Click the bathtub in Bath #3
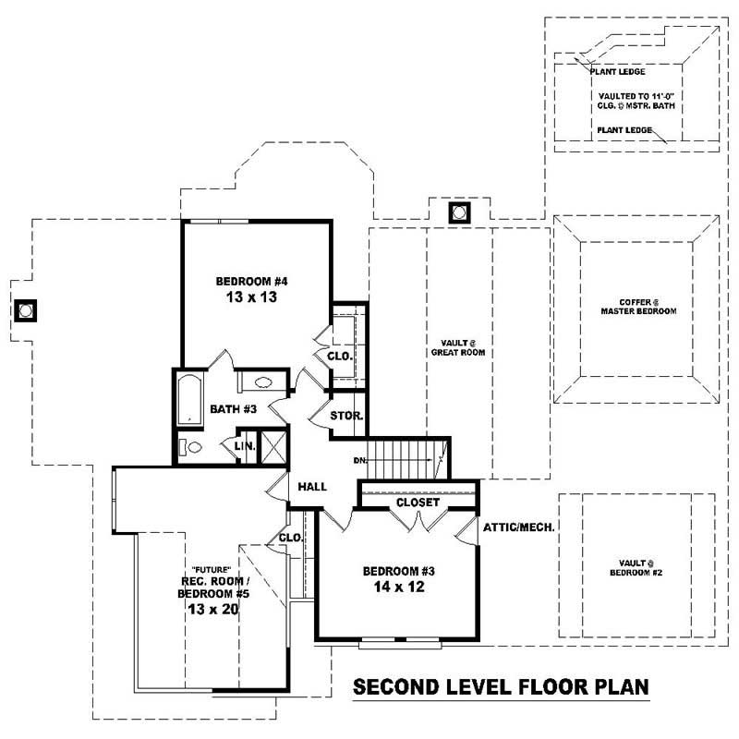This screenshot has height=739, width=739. pyautogui.click(x=189, y=399)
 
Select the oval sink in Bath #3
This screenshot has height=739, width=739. pyautogui.click(x=260, y=382)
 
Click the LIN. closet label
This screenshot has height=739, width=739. pyautogui.click(x=244, y=445)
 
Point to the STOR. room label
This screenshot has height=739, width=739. pyautogui.click(x=347, y=417)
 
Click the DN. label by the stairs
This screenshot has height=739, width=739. pyautogui.click(x=361, y=459)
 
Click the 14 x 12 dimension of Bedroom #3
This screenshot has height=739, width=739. pyautogui.click(x=397, y=587)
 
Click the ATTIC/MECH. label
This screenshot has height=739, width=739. pyautogui.click(x=518, y=527)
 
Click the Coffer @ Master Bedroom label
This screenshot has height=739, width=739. pyautogui.click(x=636, y=307)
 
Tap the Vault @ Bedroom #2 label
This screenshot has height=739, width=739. pyautogui.click(x=636, y=567)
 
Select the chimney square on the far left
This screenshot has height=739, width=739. pyautogui.click(x=25, y=309)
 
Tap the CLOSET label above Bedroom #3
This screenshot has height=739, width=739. pyautogui.click(x=418, y=503)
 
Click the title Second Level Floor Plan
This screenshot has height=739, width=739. pyautogui.click(x=502, y=688)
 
